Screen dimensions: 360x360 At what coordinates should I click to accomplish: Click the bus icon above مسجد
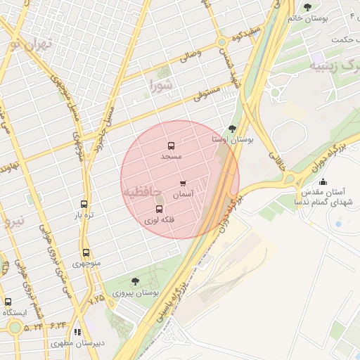coord(171,146)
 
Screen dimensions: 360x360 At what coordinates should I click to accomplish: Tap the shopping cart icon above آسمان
coord(183,184)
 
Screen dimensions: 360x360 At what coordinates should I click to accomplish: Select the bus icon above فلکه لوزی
coord(159,210)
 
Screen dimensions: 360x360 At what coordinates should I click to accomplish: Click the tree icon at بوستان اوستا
coord(233,129)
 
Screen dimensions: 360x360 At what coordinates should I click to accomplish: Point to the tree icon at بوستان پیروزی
coord(135,281)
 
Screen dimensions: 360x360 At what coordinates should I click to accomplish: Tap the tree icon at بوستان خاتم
coord(307,8)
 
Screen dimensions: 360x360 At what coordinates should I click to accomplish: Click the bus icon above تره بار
coord(84,204)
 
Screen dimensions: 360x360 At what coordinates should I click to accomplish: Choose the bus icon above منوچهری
coord(86,252)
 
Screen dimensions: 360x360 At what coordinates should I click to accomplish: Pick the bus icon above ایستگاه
coord(8,302)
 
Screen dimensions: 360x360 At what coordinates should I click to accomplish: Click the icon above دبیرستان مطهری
coord(77,332)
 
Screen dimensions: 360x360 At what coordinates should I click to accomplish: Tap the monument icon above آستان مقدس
coord(323,182)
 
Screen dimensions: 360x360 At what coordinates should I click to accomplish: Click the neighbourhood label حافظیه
coord(142,191)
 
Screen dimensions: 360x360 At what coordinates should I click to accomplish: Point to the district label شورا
coord(160,86)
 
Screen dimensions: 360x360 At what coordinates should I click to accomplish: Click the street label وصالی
coord(191,54)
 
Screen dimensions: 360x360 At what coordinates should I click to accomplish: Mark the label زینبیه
coord(326,67)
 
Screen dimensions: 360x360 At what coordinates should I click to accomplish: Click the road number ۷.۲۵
coord(96,299)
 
